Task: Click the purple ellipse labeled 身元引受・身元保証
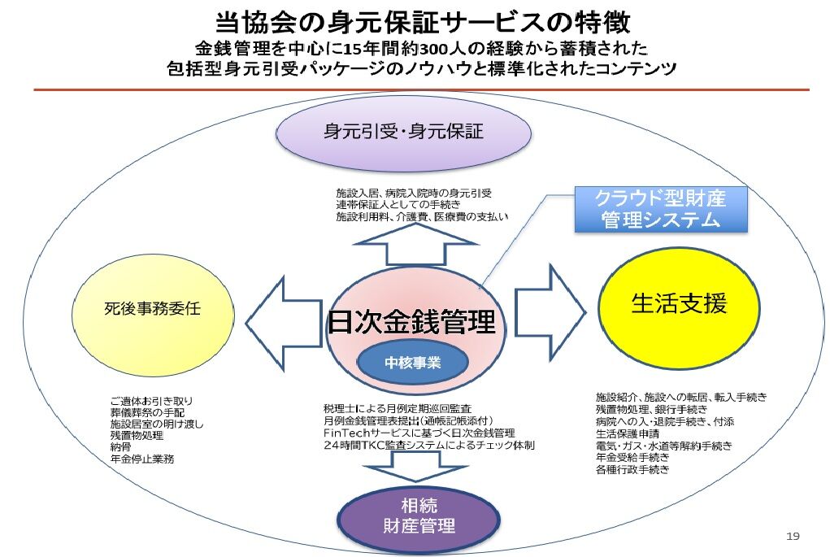point(403,133)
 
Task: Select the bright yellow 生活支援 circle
point(679,307)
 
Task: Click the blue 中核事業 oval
point(413,363)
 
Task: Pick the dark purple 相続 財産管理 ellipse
point(419,516)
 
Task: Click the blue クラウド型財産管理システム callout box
point(661,209)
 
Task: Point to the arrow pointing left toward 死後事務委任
point(284,323)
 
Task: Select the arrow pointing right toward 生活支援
point(551,312)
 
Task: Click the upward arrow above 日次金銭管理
point(415,244)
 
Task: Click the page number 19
point(793,537)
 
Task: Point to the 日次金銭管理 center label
point(411,322)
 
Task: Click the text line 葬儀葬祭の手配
point(147,412)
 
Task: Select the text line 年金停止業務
point(142,459)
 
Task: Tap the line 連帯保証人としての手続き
point(398,204)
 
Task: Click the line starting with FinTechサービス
point(419,433)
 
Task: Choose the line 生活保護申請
point(628,433)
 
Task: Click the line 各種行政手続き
point(632,470)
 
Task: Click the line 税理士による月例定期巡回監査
point(397,409)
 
